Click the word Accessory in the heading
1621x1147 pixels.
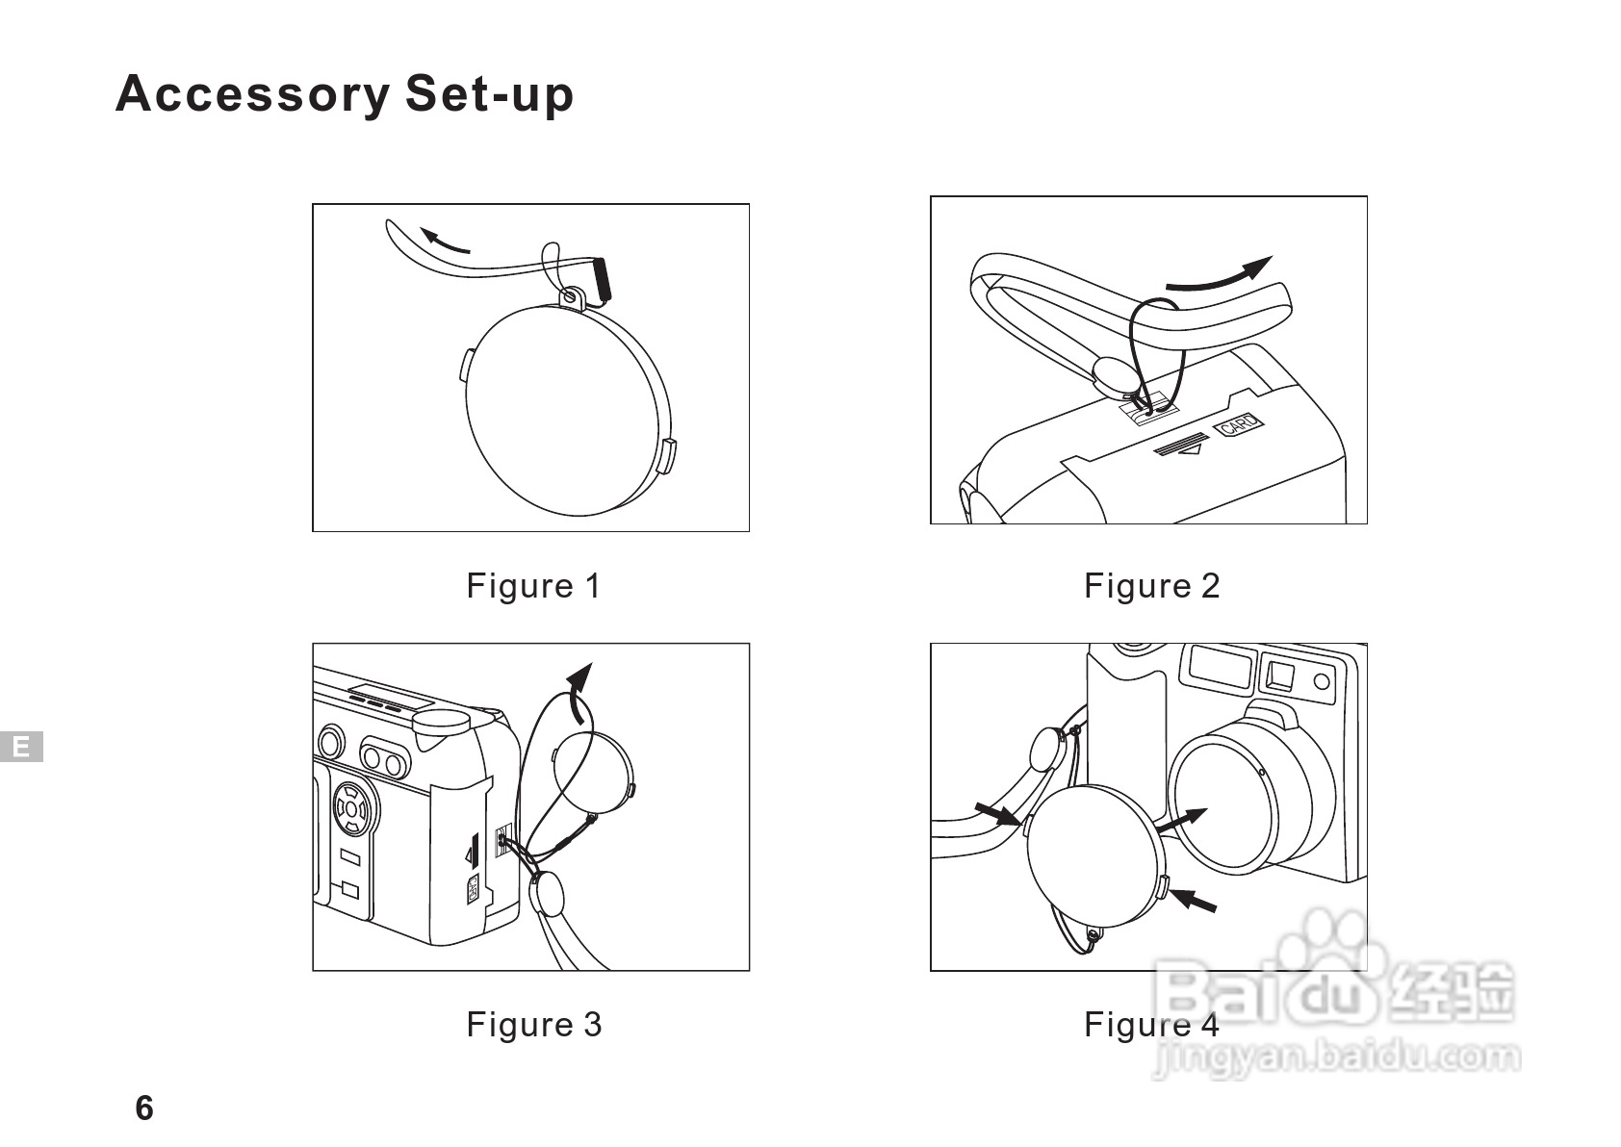tap(252, 95)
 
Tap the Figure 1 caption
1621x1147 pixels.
tap(533, 585)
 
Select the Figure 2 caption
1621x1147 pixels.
tap(1151, 585)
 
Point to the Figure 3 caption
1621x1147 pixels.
tap(533, 1024)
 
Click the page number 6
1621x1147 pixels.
tap(144, 1109)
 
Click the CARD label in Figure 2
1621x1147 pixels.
tap(1241, 424)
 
